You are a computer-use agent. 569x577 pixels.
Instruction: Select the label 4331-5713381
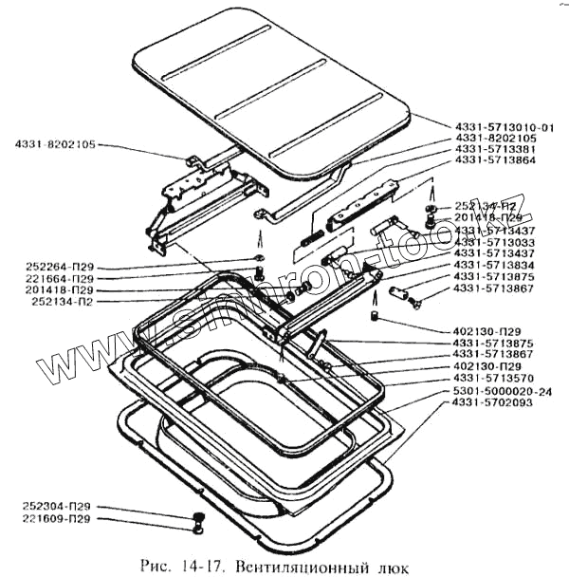point(493,150)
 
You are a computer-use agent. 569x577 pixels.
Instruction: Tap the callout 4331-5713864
point(493,161)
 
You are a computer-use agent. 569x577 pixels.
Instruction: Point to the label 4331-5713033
point(493,242)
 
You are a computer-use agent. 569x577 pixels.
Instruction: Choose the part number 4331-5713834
point(493,265)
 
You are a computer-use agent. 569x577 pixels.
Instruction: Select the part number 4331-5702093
point(493,403)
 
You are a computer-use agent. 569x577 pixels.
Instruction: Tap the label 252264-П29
point(60,269)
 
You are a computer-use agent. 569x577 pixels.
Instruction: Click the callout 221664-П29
point(60,280)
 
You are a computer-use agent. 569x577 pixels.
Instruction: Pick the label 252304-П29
point(60,508)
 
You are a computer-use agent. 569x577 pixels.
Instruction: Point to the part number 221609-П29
point(60,520)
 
